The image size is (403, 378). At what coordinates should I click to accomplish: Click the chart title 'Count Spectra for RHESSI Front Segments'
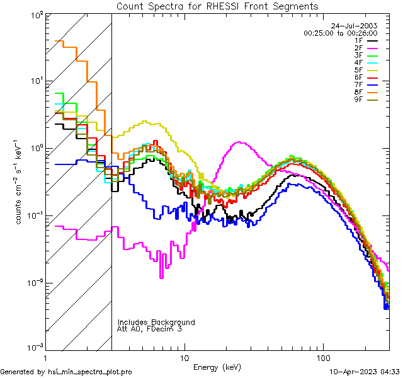click(217, 6)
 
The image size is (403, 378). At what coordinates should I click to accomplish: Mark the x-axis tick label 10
click(184, 357)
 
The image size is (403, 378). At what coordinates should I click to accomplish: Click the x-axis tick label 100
click(323, 357)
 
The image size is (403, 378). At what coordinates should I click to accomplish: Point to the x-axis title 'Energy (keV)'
click(217, 367)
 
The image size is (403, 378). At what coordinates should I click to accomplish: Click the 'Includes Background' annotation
click(156, 322)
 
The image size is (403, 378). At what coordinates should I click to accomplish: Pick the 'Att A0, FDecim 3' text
click(150, 329)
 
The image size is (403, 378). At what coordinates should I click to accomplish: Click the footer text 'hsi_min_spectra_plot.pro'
click(90, 372)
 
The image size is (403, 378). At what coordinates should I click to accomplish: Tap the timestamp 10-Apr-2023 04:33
click(364, 372)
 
